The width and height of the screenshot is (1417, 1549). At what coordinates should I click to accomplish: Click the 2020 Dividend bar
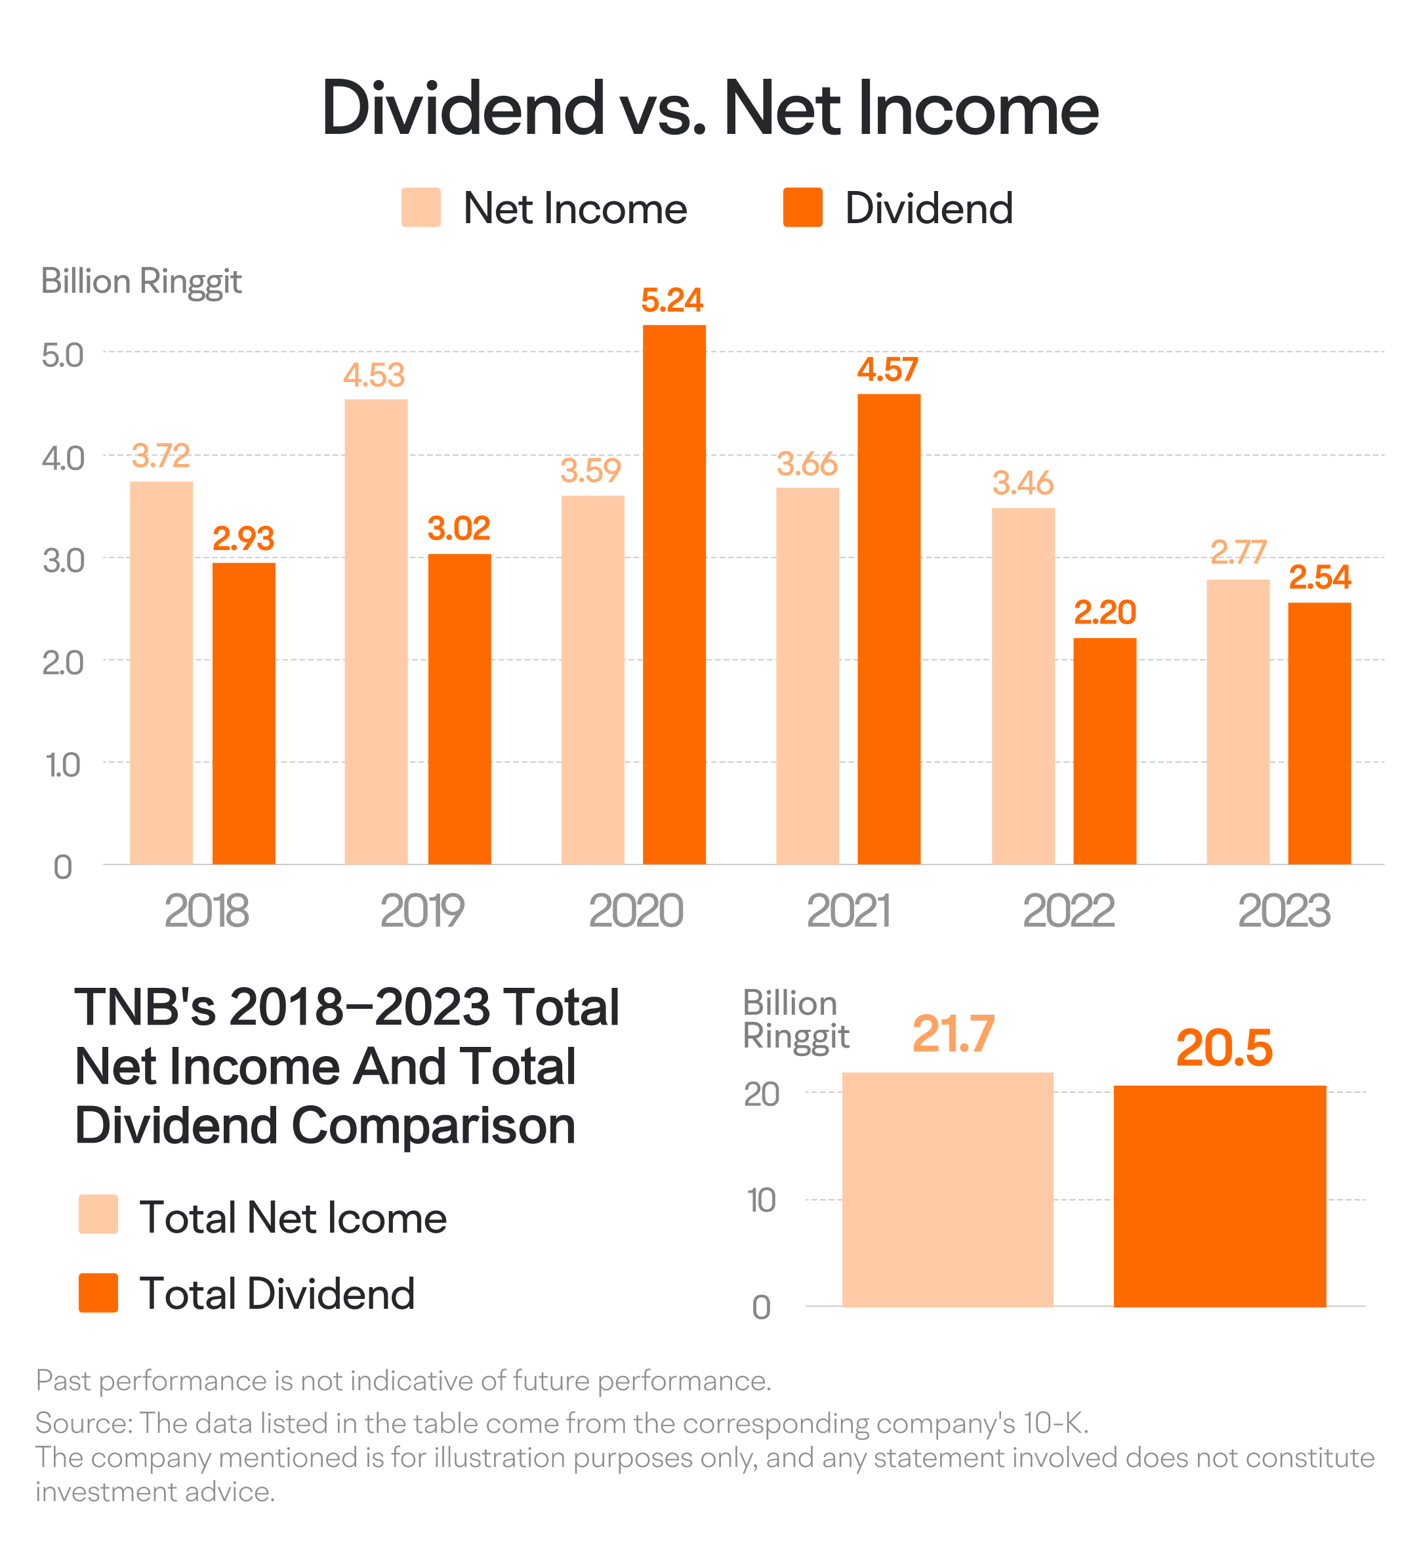click(x=674, y=594)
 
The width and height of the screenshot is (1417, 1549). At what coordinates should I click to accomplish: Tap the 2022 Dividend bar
click(x=1105, y=751)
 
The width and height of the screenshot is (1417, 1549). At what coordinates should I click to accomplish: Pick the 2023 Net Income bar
click(x=1237, y=721)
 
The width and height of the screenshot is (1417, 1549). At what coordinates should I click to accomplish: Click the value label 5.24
click(x=672, y=301)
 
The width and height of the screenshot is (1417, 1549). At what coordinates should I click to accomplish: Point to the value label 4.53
click(x=374, y=375)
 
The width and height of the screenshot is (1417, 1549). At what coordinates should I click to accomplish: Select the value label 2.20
click(x=1105, y=612)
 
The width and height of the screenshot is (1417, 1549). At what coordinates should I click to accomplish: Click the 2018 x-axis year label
click(x=207, y=911)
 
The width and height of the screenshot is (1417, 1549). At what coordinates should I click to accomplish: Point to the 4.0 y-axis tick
click(x=63, y=458)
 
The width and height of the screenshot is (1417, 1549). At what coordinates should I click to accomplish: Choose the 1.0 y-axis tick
click(x=63, y=765)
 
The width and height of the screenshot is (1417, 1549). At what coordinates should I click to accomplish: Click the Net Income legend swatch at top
click(x=421, y=207)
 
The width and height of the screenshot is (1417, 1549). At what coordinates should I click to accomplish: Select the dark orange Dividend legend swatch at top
click(x=802, y=207)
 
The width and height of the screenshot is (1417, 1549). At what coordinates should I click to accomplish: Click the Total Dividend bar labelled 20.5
click(x=1220, y=1196)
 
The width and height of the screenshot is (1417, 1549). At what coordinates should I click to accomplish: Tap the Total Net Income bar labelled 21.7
click(x=948, y=1189)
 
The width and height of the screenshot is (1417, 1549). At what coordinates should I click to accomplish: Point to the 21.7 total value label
click(x=953, y=1034)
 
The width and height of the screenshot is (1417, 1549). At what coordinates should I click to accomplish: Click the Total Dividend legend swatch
click(x=98, y=1292)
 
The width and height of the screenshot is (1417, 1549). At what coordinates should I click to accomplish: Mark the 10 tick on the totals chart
click(x=762, y=1200)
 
